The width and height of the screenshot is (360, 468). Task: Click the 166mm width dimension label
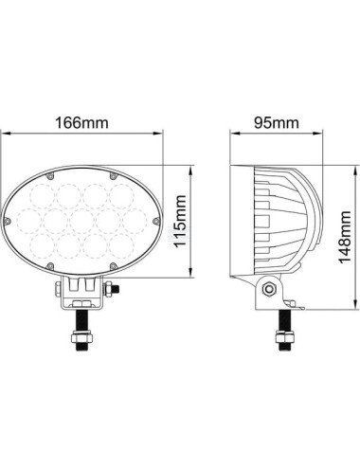[81, 122]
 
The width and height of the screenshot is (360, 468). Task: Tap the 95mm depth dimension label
[277, 122]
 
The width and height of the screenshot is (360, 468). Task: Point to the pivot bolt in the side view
[272, 288]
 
